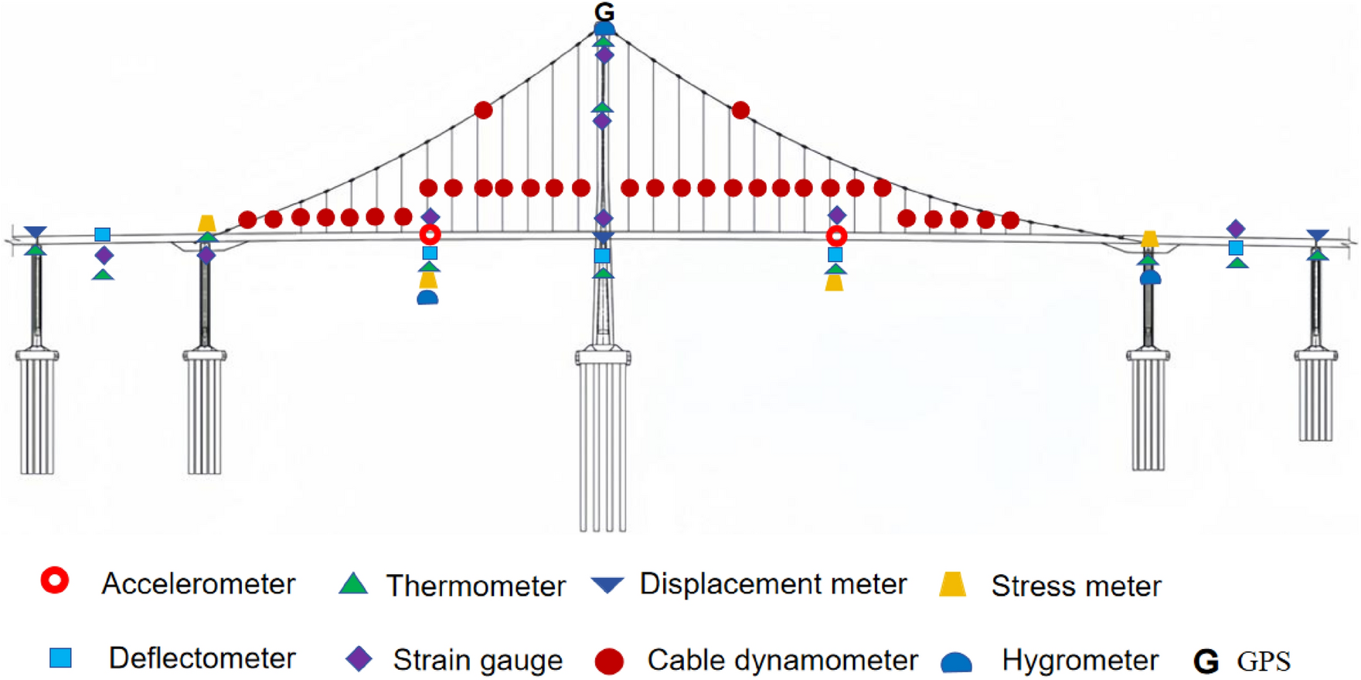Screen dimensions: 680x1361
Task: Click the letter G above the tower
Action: [x=604, y=12]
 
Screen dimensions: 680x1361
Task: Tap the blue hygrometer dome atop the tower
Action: [x=604, y=29]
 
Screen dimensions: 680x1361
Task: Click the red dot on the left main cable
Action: [x=483, y=110]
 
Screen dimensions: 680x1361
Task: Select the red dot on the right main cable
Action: [x=740, y=110]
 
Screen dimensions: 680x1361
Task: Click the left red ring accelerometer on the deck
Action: [x=430, y=234]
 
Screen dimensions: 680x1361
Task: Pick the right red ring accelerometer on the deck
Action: [x=836, y=236]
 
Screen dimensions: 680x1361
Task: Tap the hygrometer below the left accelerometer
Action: [x=427, y=297]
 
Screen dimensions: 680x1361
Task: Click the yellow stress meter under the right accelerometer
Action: [x=834, y=283]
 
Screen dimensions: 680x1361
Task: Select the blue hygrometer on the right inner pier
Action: [x=1150, y=277]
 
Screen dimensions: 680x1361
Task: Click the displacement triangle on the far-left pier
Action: [x=36, y=233]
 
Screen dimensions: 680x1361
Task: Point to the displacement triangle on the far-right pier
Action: [x=1318, y=235]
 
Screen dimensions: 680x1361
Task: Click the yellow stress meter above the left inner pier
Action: [x=206, y=223]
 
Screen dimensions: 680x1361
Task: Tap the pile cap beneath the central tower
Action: [x=603, y=358]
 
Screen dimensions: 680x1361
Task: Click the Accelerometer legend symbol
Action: [x=55, y=580]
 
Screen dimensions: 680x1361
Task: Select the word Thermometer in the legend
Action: [x=476, y=586]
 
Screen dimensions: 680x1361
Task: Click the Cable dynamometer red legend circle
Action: [x=609, y=661]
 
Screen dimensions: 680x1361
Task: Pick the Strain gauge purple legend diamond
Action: [x=359, y=658]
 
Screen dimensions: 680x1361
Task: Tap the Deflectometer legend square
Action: [x=60, y=658]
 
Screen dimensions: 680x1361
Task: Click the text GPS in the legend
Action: [x=1264, y=661]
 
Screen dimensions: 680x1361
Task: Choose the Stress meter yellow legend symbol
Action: [x=953, y=584]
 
